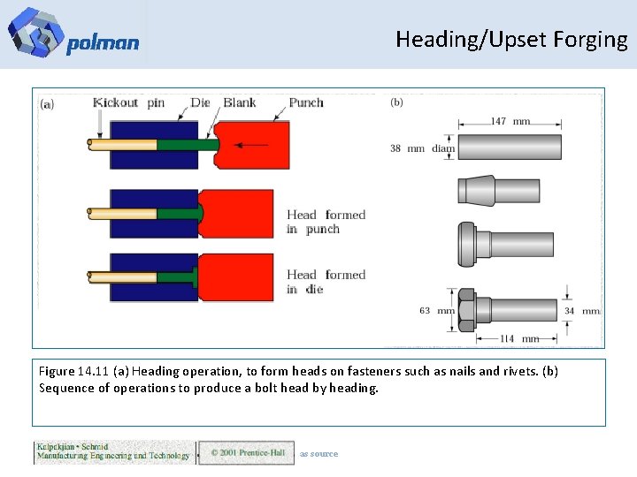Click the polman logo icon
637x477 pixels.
coord(35,33)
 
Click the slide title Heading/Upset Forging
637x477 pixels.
coord(511,40)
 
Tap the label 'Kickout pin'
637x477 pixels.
coord(128,102)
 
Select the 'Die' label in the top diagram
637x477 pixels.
coord(201,102)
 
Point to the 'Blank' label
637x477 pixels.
coord(240,102)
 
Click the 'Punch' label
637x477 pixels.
coord(306,102)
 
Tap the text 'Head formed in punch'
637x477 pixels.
coord(326,222)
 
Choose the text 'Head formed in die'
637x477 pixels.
coord(326,282)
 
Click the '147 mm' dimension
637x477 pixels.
coord(510,121)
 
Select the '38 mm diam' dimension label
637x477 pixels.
coord(422,148)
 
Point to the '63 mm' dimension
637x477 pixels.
coord(437,311)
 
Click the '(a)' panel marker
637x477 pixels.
coord(47,103)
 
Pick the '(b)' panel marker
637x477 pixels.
coord(396,102)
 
